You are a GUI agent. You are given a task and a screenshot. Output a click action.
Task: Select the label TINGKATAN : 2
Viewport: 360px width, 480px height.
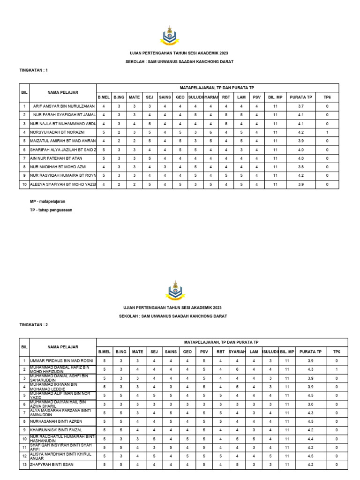tap(33, 324)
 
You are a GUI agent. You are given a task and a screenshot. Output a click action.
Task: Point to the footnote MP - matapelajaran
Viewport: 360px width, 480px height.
tap(48, 201)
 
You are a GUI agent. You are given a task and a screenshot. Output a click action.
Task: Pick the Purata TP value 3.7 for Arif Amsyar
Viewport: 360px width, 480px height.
tap(301, 106)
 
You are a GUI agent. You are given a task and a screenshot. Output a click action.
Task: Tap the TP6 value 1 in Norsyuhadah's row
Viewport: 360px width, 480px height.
tap(327, 132)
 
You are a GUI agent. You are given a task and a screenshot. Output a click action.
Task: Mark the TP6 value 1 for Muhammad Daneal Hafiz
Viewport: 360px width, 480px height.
tap(337, 369)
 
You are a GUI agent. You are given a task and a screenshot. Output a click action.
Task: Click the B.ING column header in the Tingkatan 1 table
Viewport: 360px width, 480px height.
tap(119, 97)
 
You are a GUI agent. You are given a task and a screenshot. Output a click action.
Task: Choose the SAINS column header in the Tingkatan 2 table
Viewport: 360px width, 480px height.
tap(171, 351)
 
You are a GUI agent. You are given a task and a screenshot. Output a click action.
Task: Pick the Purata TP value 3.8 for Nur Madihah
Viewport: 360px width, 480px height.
tap(301, 166)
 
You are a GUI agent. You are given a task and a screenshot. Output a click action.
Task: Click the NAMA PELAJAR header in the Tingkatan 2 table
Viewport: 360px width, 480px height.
tap(62, 347)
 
